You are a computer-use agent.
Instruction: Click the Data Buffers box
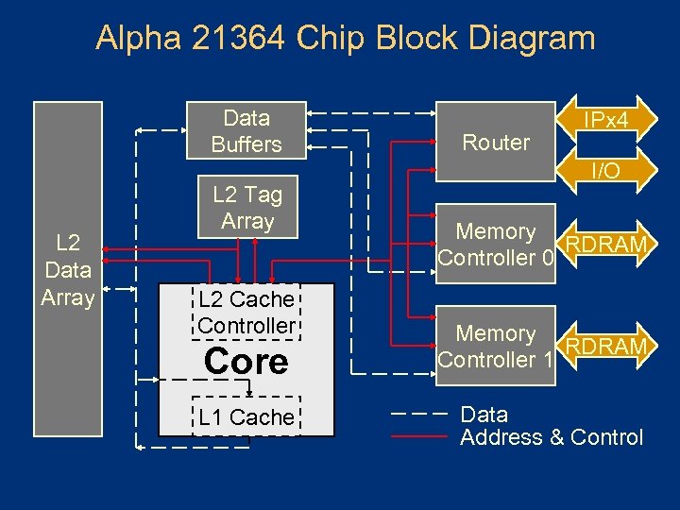(246, 131)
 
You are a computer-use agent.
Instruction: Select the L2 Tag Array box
(247, 208)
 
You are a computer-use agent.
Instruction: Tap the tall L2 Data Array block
(67, 270)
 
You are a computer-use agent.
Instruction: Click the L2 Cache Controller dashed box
(246, 313)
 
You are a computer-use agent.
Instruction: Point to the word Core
(246, 362)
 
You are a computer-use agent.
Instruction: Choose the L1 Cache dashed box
(246, 416)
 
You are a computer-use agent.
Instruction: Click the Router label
(496, 143)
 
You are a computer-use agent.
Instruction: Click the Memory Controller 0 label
(495, 245)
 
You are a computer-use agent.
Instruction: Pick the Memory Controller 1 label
(495, 347)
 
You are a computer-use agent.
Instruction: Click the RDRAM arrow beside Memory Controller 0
(605, 246)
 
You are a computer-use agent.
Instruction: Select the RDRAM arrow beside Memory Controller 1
(605, 347)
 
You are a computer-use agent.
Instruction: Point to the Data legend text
(484, 415)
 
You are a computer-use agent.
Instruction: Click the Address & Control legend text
(551, 437)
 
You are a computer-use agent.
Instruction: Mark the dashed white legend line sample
(418, 415)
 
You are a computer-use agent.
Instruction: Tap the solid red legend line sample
(418, 437)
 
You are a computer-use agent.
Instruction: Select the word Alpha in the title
(132, 38)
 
